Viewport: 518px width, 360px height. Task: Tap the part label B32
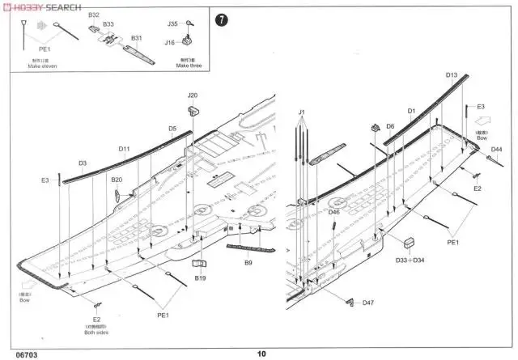[x=94, y=15]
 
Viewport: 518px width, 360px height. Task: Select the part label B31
[x=137, y=38]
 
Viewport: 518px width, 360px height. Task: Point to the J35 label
[x=172, y=24]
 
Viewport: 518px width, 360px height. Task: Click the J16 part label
[x=170, y=42]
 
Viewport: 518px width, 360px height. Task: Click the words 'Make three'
[x=187, y=66]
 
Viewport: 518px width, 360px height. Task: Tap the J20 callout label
[x=193, y=95]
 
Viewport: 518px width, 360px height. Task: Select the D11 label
[x=124, y=148]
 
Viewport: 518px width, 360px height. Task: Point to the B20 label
[x=117, y=180]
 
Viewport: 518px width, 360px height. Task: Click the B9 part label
[x=249, y=262]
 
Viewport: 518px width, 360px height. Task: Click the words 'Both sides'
[x=96, y=332]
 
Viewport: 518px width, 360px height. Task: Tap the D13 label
[x=452, y=74]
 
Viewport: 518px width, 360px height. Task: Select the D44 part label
[x=496, y=150]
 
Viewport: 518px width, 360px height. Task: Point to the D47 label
[x=368, y=303]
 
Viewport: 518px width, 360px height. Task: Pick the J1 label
[x=301, y=111]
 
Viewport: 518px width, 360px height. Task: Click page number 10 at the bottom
[x=261, y=353]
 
